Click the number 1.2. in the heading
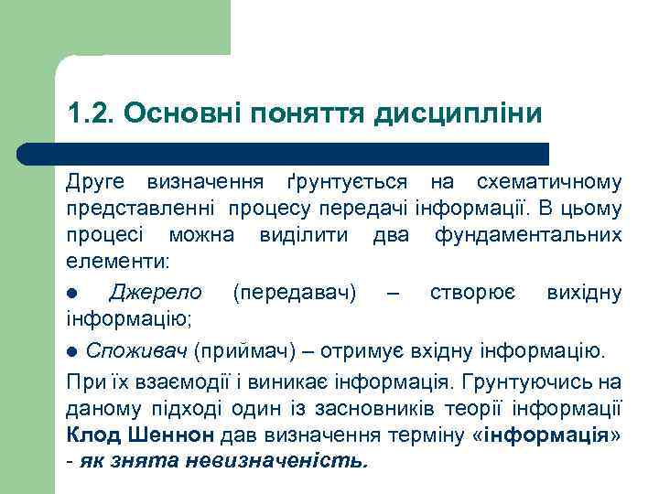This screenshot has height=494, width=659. coord(90,113)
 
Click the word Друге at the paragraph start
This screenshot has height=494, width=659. coord(95,184)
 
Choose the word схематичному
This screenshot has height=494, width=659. coord(547,184)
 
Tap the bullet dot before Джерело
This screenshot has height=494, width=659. coord(71,294)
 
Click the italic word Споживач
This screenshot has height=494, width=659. coord(137,350)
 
